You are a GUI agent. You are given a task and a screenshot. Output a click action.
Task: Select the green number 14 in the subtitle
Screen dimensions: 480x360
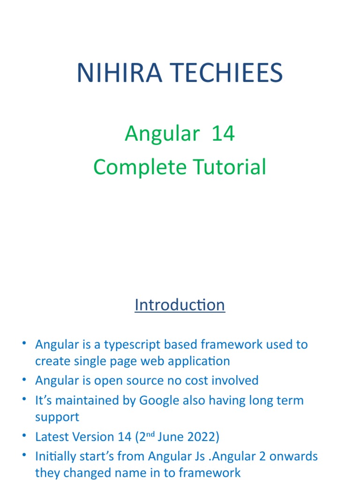(223, 134)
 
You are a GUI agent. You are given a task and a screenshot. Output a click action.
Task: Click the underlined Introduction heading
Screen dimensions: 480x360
(180, 305)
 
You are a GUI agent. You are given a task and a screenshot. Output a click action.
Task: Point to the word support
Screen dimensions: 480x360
(57, 417)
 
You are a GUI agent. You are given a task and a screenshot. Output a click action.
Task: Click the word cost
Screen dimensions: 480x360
(184, 380)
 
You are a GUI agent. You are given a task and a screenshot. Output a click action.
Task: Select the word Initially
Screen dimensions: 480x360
(55, 456)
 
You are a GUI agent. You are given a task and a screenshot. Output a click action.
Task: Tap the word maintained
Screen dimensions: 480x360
(88, 400)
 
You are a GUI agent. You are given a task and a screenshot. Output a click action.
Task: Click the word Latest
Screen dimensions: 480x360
(51, 437)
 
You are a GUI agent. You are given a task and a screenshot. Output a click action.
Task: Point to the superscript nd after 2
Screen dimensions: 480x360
(149, 434)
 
